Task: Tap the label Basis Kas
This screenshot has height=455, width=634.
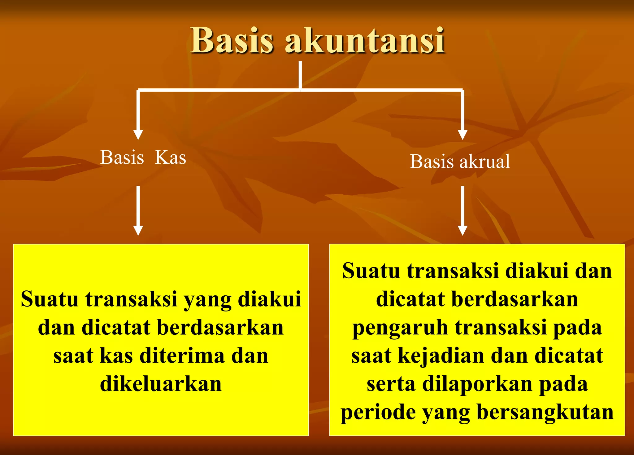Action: (143, 157)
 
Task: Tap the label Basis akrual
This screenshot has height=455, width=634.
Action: (460, 162)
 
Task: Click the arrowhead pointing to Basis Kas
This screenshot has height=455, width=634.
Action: (138, 135)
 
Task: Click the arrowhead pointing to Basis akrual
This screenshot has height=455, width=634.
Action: (462, 135)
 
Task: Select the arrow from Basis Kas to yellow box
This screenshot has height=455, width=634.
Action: (138, 211)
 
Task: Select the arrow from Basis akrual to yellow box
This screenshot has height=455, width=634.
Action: (462, 211)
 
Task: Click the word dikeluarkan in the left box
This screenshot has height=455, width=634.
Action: (161, 384)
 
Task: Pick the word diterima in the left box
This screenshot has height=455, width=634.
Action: (182, 356)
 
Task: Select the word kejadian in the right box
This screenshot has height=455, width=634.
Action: (441, 356)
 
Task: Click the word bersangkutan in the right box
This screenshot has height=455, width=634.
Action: (545, 413)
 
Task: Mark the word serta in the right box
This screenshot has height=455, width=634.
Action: (391, 384)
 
